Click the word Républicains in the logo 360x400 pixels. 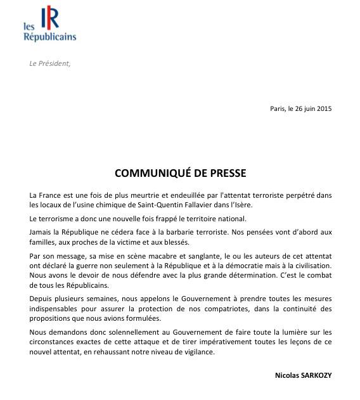49,37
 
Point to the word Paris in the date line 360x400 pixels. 278,108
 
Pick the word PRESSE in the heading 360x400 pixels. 228,172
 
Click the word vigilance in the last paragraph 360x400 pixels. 197,352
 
